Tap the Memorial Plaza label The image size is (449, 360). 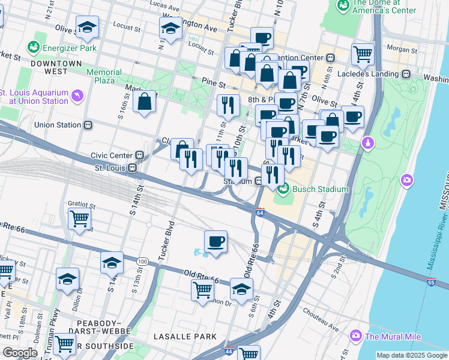pos(104,76)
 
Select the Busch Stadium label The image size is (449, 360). pos(320,189)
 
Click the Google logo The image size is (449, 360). pos(20,353)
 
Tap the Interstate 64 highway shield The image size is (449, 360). pos(260,212)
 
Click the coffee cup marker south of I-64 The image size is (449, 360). pos(215,242)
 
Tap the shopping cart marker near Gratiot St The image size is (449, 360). pos(79,219)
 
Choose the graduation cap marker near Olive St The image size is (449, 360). pos(87,27)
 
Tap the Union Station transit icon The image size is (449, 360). pos(88,125)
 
